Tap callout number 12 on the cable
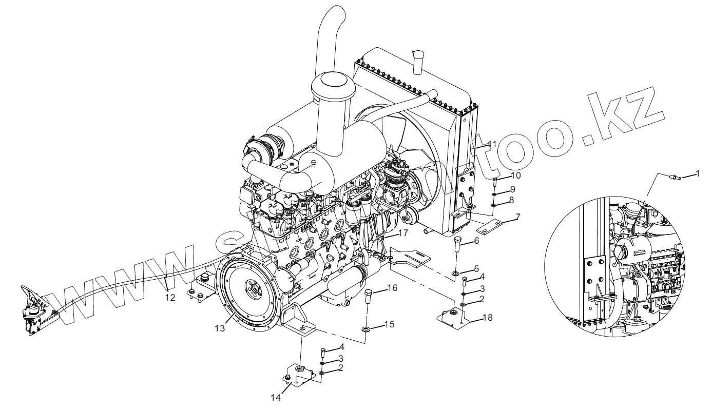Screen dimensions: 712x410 tap(170, 297)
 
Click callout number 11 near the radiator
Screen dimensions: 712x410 tap(492, 144)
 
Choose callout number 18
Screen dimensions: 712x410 tap(488, 318)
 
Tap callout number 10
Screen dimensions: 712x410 tap(515, 175)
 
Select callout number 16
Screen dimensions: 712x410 tap(392, 288)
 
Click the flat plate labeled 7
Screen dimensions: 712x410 tap(490, 225)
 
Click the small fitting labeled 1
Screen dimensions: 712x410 tap(678, 178)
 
